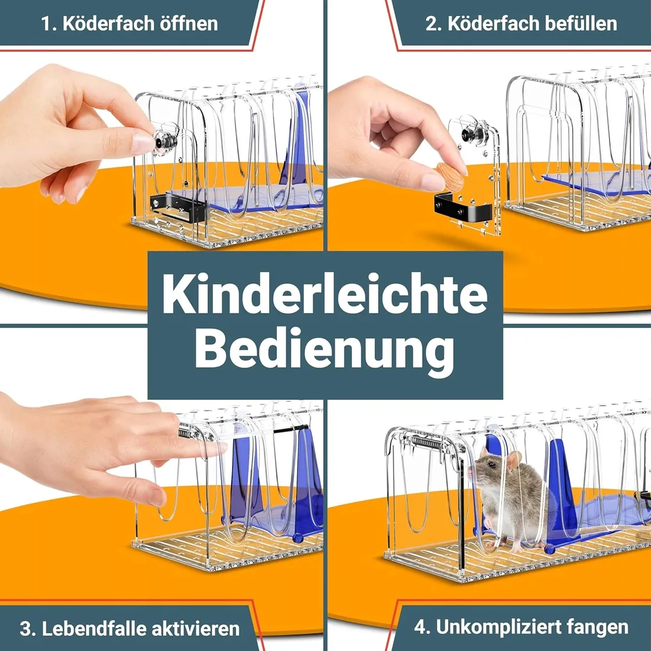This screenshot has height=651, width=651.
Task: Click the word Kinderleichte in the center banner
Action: pos(325,294)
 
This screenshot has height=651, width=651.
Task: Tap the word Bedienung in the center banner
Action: pos(324,351)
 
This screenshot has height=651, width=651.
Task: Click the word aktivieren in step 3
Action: pos(195,629)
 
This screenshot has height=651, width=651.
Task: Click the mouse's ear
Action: pos(514,460)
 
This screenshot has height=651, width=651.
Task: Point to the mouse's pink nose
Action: pos(470,470)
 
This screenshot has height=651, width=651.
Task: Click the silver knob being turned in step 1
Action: pos(166,139)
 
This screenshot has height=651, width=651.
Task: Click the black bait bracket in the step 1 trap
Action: pos(179,207)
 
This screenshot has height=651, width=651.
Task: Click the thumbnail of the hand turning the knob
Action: pos(143,143)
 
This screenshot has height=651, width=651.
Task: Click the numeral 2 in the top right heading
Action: pos(432,23)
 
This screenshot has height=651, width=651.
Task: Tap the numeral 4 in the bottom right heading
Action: pos(421,627)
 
